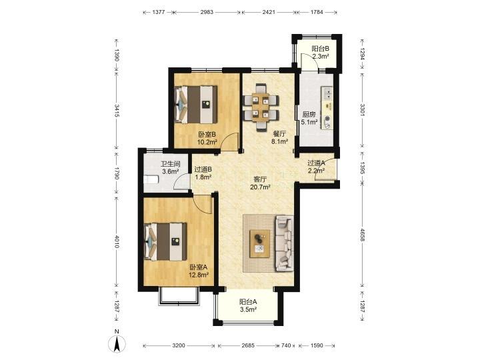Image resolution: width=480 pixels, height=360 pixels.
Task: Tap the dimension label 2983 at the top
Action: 207,12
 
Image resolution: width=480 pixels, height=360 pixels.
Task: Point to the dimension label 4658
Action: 362,235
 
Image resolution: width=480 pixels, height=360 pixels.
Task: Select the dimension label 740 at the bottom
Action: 285,345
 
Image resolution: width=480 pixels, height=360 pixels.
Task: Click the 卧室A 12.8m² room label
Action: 199,271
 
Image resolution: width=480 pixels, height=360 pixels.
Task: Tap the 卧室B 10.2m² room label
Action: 207,138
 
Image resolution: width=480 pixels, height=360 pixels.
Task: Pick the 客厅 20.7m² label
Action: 260,183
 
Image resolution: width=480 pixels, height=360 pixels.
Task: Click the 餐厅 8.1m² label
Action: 279,137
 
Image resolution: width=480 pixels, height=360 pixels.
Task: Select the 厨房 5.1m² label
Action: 309,118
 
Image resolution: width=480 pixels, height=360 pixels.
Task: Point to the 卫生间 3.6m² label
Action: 171,168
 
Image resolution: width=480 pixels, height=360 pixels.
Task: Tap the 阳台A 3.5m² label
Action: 248,305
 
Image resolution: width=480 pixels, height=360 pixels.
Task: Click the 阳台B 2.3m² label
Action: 321,53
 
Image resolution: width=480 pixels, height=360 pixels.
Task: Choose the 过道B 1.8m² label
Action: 203,173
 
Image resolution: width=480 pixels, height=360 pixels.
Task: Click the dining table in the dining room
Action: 261,107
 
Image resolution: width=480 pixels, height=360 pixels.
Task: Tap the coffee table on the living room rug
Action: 259,244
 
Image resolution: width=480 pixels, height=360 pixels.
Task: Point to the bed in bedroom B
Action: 195,105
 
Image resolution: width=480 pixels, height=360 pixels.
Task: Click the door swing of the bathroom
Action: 181,182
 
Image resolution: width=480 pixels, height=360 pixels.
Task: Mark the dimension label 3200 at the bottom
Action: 179,345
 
